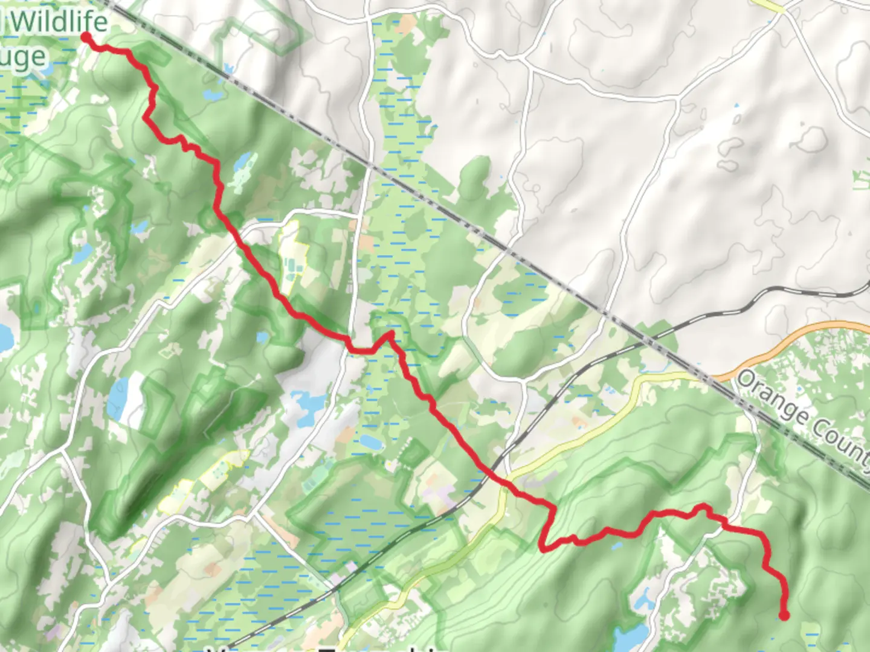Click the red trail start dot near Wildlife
[x=86, y=38]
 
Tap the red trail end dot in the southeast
[x=784, y=615]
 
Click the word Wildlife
[x=59, y=22]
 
